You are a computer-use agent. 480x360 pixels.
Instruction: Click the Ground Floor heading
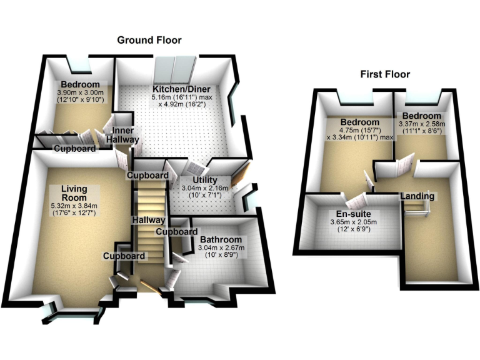click(149, 40)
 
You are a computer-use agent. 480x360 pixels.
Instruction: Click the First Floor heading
click(385, 74)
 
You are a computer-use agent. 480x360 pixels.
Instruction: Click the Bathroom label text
click(221, 239)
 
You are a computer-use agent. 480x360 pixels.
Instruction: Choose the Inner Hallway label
click(121, 135)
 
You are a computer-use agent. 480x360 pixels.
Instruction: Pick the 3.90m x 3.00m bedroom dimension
click(80, 92)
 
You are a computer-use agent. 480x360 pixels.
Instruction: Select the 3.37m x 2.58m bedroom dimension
click(423, 124)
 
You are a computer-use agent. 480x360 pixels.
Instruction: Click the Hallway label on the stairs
click(149, 220)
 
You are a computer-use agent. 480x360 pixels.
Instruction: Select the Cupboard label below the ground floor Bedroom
click(74, 149)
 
